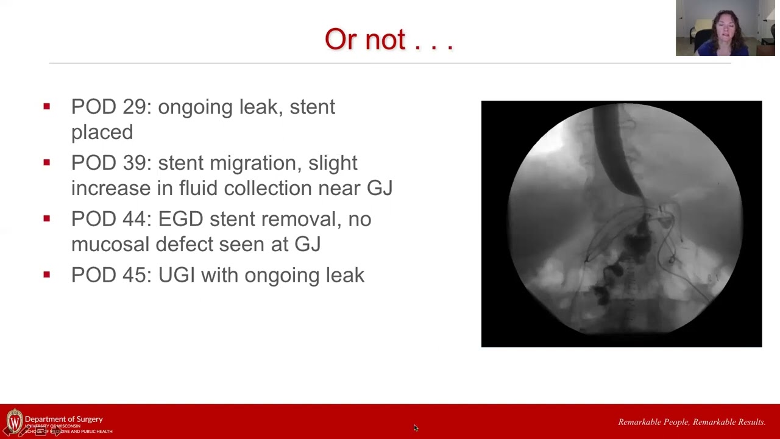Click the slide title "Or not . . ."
(x=389, y=40)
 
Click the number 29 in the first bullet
(x=135, y=107)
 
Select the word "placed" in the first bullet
(x=102, y=132)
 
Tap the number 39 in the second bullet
(x=135, y=163)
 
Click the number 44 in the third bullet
(x=135, y=219)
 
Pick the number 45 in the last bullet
(x=135, y=275)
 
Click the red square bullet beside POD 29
(x=47, y=107)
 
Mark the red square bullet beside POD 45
(x=47, y=275)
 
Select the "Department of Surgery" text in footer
(x=64, y=419)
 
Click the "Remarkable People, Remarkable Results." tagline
(x=692, y=422)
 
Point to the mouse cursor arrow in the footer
(x=416, y=428)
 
